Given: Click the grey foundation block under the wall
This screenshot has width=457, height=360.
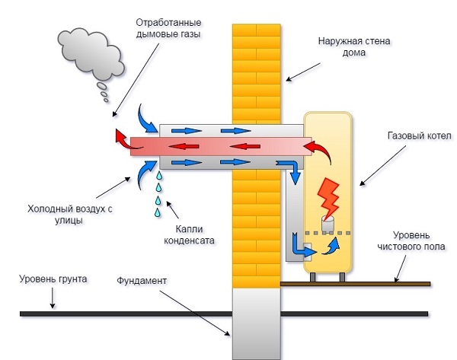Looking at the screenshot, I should pos(256,323).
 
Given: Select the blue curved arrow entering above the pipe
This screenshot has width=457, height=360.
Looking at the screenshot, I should pos(145,118).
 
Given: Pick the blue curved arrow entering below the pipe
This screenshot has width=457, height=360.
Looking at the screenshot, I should pos(144,170).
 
